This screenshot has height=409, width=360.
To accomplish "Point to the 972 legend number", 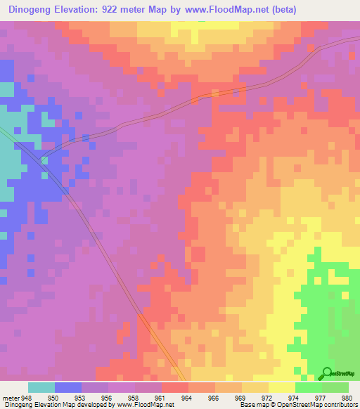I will coord(268,397).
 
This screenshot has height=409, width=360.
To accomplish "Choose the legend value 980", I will coord(347,397).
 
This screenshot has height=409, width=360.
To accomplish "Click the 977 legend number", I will coord(321,397).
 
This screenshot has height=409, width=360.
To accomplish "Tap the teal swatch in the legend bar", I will coord(41,387).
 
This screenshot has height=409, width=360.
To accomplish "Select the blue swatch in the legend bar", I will coord(68,387).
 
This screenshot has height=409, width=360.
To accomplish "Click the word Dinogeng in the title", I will coord(33,10).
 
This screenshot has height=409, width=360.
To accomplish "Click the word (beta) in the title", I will coord(283,10).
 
